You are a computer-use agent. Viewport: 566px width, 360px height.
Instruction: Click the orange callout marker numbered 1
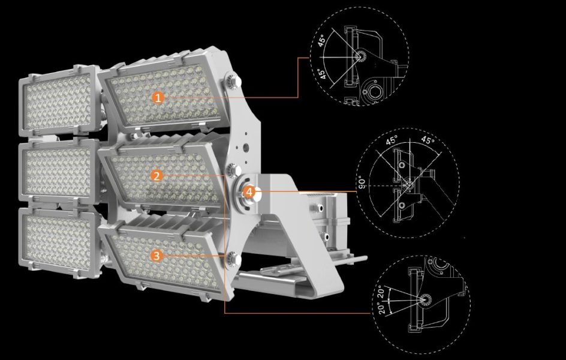pos(158,97)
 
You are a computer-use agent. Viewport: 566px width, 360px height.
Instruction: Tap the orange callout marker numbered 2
pos(156,176)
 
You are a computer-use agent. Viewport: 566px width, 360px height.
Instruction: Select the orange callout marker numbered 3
pos(156,256)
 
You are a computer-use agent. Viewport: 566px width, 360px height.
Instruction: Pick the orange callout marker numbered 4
pos(249,192)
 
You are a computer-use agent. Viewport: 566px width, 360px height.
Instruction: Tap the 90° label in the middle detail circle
pos(362,184)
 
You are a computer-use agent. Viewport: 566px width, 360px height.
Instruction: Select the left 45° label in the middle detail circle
pos(392,140)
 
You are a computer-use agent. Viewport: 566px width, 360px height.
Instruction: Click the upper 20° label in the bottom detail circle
pos(381,293)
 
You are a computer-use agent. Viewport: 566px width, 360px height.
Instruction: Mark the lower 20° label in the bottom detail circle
pos(382,308)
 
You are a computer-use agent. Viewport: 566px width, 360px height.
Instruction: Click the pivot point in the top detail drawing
pos(360,56)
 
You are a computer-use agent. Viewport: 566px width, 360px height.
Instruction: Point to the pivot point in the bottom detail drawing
pos(425,299)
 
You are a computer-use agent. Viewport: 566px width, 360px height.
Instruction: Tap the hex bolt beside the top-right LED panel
pos(233,82)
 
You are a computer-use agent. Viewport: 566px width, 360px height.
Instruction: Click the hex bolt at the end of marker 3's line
pos(233,260)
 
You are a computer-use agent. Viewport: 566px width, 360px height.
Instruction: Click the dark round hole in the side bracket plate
pos(246,148)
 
